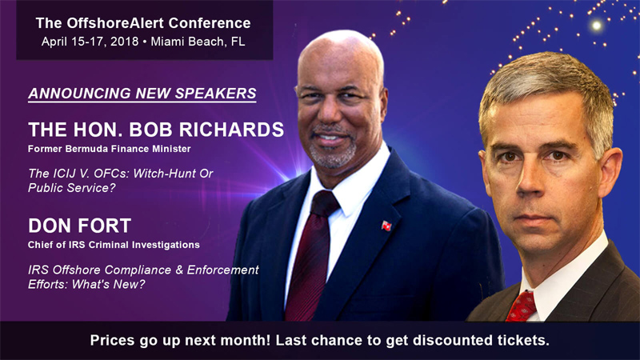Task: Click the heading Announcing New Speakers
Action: coord(142,94)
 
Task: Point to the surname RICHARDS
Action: coord(231,130)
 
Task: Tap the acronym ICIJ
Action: coord(66,174)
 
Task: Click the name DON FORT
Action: coord(79,226)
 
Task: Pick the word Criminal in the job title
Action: coord(106,245)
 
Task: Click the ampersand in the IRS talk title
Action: coord(178,270)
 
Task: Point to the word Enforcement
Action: coord(223,270)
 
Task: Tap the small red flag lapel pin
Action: coord(386,226)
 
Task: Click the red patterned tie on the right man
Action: coord(522,306)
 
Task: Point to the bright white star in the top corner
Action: coord(596,26)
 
